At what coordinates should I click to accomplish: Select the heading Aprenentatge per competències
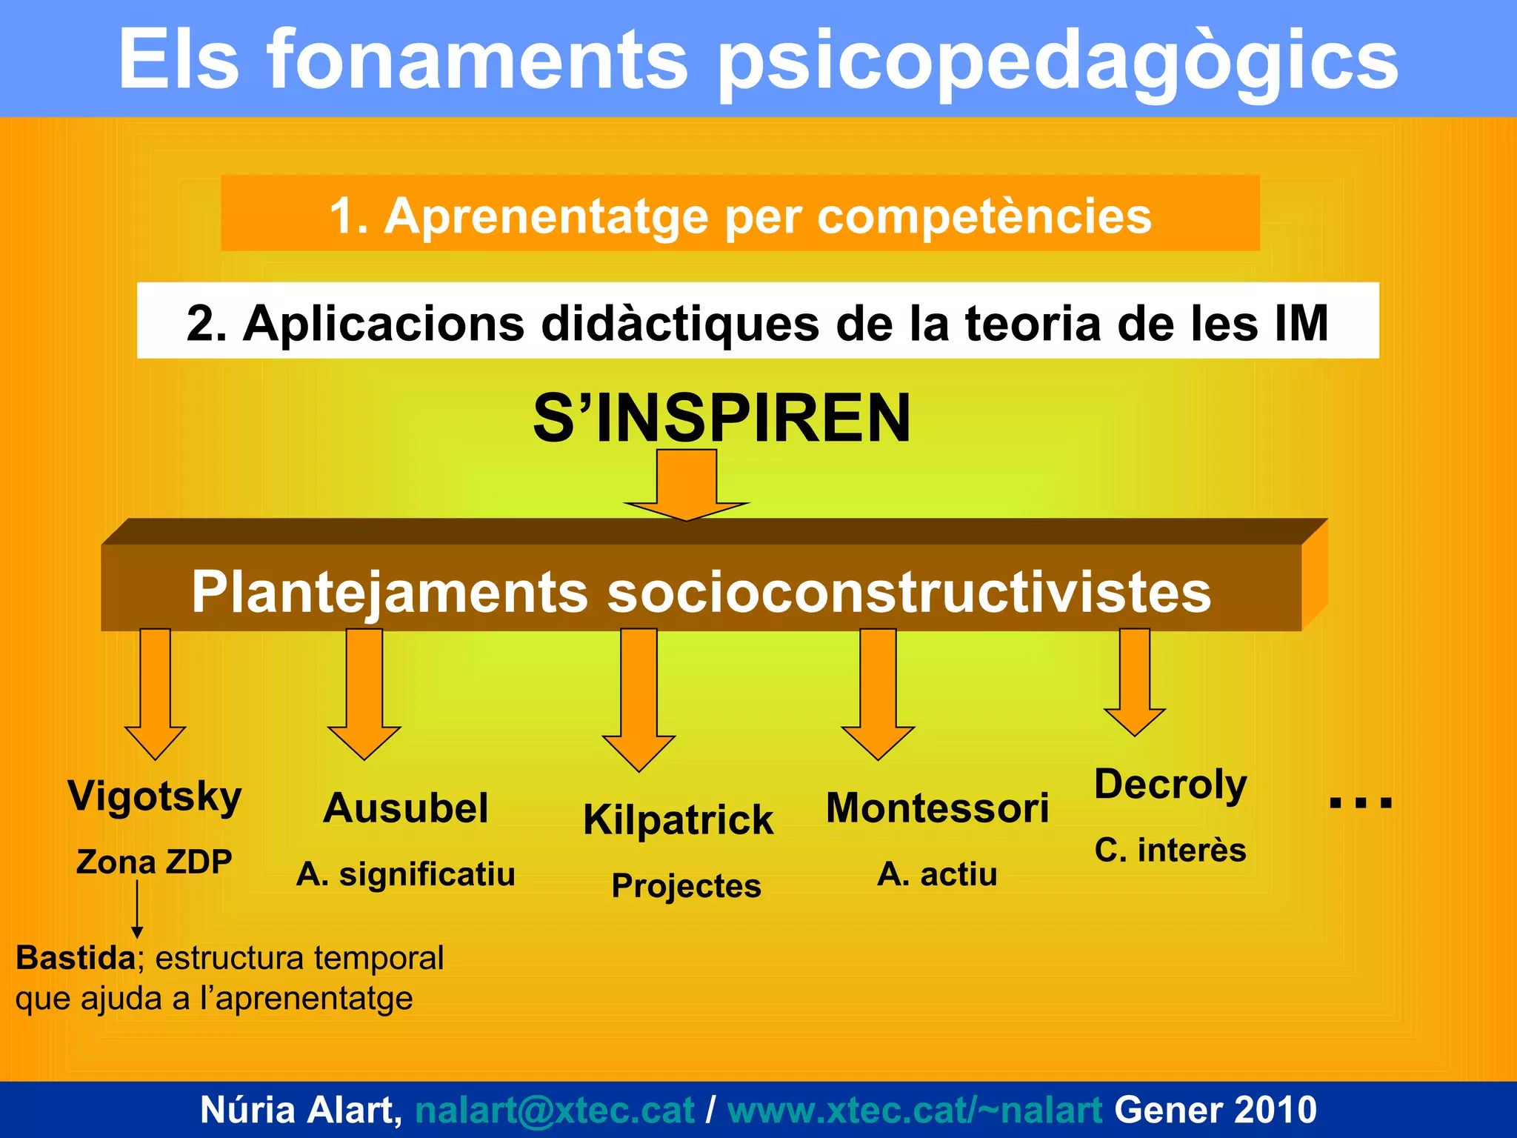741,216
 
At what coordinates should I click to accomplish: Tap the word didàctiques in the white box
680,324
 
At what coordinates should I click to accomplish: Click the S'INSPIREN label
721,419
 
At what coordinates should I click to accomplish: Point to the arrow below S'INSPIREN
687,485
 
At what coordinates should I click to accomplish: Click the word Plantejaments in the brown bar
390,592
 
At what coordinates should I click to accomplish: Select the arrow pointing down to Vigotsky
156,693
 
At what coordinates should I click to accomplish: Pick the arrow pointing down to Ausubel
364,693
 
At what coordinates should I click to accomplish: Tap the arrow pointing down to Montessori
878,693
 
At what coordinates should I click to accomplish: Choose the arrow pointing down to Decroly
1135,682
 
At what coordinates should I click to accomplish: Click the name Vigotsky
155,797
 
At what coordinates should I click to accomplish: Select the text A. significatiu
405,874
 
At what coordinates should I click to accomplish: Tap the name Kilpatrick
678,820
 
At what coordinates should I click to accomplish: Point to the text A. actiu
937,874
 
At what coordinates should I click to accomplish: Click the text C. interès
1170,850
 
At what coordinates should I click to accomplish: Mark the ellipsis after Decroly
1361,802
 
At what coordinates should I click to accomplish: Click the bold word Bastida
76,958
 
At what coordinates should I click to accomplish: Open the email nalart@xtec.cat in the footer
555,1110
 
